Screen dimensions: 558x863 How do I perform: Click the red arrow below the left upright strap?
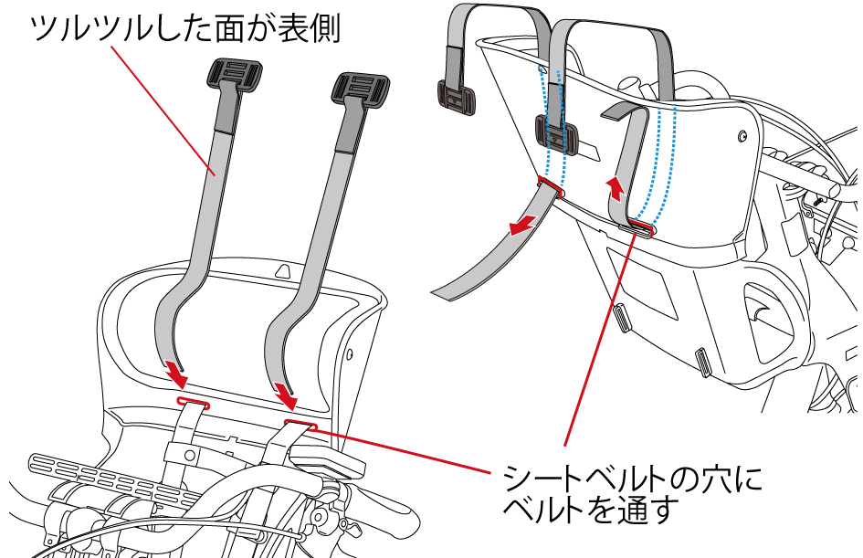tap(175, 374)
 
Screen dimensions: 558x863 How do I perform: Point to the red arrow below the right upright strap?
tap(288, 395)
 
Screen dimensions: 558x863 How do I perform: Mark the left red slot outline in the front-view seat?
tap(193, 402)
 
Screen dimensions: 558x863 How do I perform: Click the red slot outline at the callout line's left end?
tap(300, 424)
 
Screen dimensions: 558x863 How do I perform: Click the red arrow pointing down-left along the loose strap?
tap(524, 225)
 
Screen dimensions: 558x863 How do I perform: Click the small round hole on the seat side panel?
tap(742, 136)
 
